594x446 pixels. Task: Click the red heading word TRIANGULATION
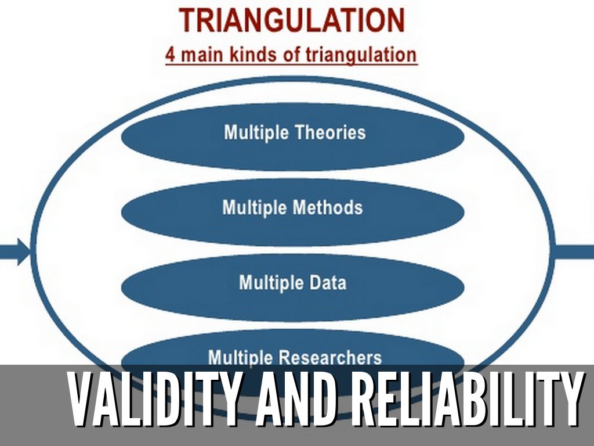(x=292, y=20)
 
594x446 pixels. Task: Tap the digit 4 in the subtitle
(x=171, y=55)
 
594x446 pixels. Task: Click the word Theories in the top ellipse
(x=330, y=132)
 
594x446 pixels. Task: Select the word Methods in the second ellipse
(x=328, y=207)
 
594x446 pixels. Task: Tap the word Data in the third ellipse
(x=328, y=283)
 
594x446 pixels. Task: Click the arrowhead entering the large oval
(x=25, y=252)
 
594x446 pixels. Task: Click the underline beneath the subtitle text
(x=291, y=65)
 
